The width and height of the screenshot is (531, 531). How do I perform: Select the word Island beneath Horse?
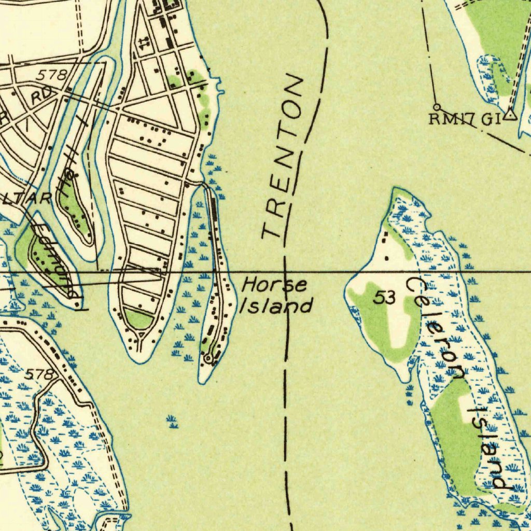point(276,306)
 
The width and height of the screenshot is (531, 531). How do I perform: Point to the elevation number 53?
point(385,298)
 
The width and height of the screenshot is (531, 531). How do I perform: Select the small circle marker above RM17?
point(437,107)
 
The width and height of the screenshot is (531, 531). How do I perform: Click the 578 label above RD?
point(51,76)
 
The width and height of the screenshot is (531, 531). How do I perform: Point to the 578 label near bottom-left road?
point(39,374)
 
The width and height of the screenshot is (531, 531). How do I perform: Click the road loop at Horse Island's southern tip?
point(208,358)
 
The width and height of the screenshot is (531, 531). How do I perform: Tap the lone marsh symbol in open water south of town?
point(172,422)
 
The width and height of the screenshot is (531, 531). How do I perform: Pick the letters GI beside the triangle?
point(491,119)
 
